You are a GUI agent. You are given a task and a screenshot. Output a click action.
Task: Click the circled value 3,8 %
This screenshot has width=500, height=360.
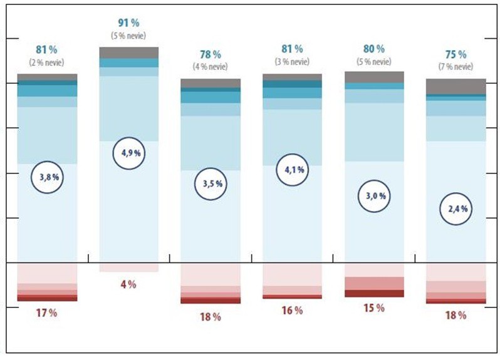[x=48, y=177]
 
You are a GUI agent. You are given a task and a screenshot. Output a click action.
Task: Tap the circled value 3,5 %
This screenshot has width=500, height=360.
[x=211, y=184]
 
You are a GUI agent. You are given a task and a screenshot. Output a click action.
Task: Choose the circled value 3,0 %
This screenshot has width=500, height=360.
[x=375, y=196]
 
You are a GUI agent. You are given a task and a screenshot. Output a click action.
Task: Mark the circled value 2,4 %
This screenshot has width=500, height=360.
[x=457, y=209]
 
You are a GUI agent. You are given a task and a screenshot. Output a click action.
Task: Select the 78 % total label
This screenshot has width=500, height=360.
[x=211, y=54]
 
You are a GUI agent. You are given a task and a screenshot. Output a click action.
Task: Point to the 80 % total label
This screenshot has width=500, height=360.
[x=374, y=49]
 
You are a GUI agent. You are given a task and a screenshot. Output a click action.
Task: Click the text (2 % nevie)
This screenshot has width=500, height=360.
[x=47, y=61]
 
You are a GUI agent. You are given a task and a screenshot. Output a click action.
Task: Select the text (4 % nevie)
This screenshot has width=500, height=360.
[x=211, y=66]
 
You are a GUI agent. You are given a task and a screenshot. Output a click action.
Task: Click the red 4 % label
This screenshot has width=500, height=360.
[x=128, y=285]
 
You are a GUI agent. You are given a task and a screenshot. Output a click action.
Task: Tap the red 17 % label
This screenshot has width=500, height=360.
[x=46, y=313]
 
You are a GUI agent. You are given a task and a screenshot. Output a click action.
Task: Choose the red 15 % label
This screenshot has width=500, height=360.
[x=374, y=308]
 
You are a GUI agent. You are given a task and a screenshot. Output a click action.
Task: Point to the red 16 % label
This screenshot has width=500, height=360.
[x=292, y=310]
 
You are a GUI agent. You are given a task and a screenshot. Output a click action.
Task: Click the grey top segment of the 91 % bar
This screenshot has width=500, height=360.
[x=128, y=53]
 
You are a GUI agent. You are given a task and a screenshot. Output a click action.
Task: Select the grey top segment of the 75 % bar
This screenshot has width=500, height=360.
[x=456, y=86]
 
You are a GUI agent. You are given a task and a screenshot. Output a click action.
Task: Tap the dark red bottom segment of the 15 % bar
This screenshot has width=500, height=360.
[x=375, y=293]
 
